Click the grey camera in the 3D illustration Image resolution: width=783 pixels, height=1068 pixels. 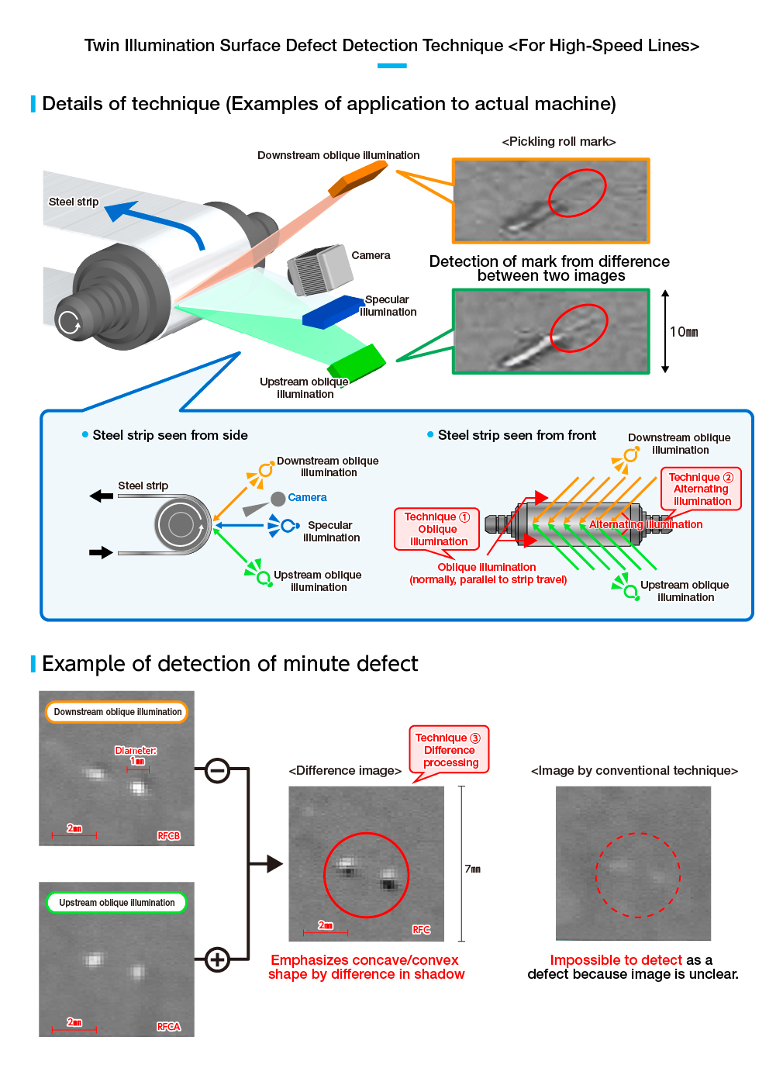tap(320, 269)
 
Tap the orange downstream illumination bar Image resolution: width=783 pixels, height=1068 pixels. tap(358, 178)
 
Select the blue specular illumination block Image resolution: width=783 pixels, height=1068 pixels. tap(333, 312)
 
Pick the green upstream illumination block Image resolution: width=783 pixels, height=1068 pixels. tap(357, 361)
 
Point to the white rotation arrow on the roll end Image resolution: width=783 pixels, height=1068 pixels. tap(70, 323)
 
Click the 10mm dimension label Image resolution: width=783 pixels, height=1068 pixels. tap(684, 332)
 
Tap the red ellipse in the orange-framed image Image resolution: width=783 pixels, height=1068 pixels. tap(577, 192)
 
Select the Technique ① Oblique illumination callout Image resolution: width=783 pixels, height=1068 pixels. tap(437, 529)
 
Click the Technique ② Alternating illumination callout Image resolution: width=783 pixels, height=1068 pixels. tap(701, 489)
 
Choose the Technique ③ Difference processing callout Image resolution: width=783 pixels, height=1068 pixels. tap(448, 750)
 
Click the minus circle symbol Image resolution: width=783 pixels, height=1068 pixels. tap(217, 770)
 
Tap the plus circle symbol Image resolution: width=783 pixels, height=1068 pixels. tap(217, 959)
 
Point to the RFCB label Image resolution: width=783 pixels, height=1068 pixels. tap(168, 836)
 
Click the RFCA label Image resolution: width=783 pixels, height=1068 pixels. tap(168, 1027)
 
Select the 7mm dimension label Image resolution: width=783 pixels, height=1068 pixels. tap(472, 869)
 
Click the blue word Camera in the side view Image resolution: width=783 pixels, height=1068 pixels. tap(307, 497)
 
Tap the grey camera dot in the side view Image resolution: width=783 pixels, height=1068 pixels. tap(278, 499)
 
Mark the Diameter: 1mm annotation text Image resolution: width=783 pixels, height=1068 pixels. tap(136, 755)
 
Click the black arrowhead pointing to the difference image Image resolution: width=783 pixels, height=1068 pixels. tap(274, 863)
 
